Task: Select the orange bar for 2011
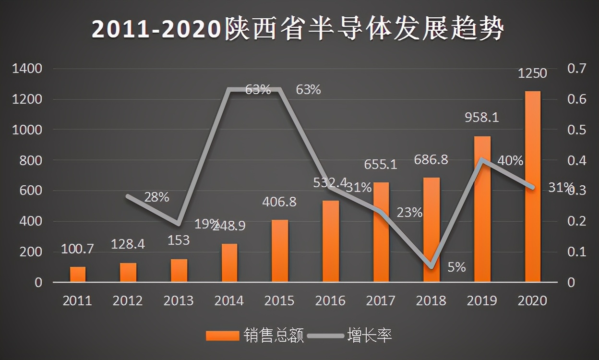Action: point(78,274)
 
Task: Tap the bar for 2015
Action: point(280,251)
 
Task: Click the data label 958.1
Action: point(482,117)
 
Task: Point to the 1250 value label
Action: point(532,73)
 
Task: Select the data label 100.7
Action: point(77,249)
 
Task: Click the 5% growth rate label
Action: point(456,267)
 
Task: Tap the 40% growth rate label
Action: point(510,161)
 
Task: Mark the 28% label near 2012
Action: point(156,197)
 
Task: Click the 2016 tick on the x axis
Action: point(330,301)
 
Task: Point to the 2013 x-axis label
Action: point(178,301)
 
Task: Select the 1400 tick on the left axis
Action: point(27,69)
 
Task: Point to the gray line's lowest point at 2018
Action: point(431,267)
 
